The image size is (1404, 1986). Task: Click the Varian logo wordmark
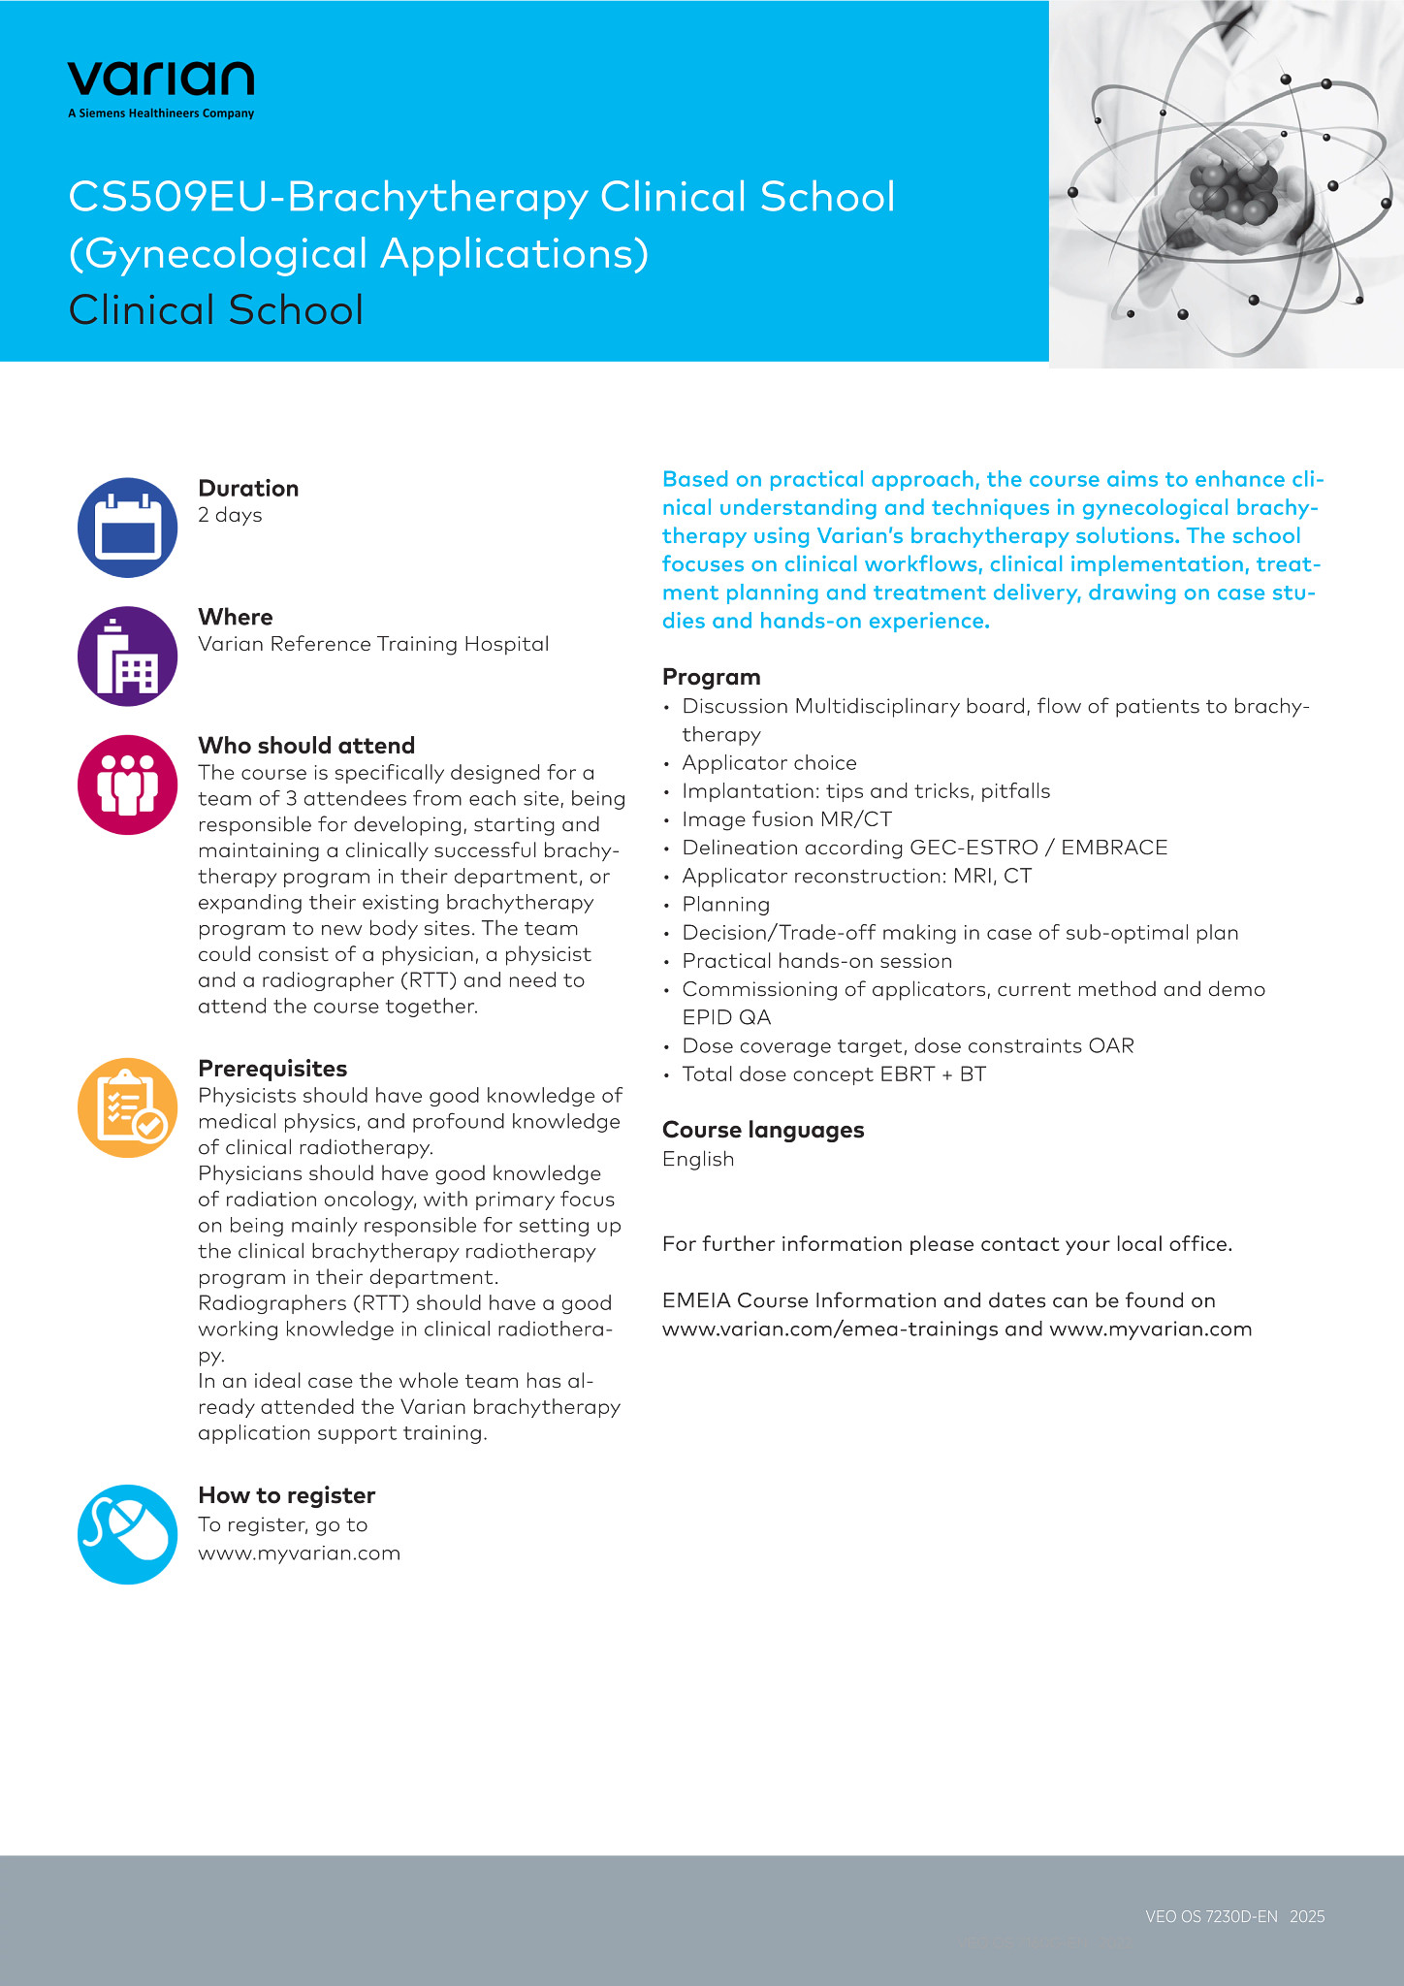(161, 80)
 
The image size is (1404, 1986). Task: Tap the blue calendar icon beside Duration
(127, 528)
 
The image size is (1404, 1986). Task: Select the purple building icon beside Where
(127, 657)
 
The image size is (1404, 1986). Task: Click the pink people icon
(127, 785)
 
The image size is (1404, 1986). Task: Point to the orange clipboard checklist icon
(127, 1107)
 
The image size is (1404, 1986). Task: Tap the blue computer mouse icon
(127, 1534)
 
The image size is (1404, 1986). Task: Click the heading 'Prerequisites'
(272, 1069)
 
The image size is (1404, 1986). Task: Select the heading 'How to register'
(286, 1495)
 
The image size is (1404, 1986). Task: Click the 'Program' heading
(711, 677)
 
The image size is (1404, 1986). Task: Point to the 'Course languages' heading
(763, 1130)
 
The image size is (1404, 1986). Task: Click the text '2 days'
(230, 515)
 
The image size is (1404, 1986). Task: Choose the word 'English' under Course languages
(698, 1159)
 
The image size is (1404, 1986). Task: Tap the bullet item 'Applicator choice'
(769, 763)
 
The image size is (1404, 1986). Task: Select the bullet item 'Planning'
(725, 905)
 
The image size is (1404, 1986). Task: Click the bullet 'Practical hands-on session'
(816, 961)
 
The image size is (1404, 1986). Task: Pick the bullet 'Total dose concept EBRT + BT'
(834, 1074)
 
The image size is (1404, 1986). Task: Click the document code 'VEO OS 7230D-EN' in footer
(1211, 1916)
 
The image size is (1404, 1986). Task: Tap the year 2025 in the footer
(1307, 1916)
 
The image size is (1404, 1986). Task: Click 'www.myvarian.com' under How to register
(299, 1554)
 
